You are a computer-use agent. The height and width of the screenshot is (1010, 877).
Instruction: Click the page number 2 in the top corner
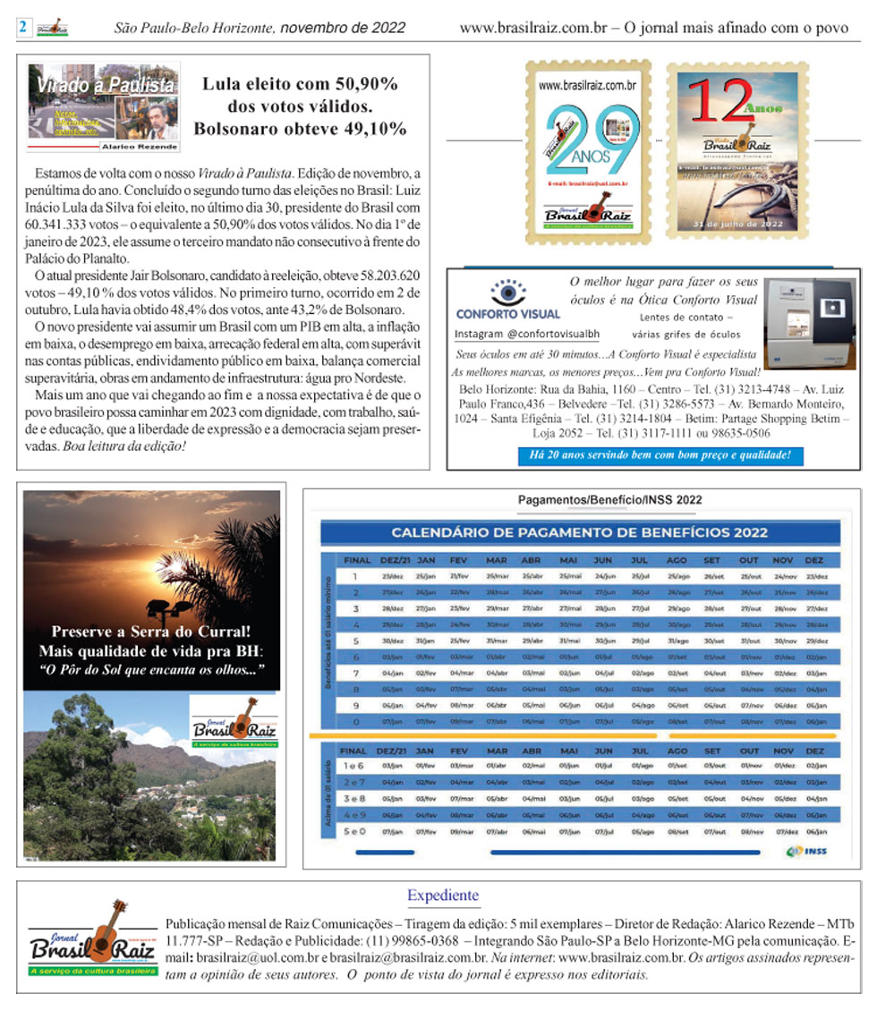21,28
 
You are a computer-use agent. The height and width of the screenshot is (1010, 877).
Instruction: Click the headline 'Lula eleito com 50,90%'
300,86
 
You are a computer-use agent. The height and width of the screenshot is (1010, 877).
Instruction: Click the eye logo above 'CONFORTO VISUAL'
507,293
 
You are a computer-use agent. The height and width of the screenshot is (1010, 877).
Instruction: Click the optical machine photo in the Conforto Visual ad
811,323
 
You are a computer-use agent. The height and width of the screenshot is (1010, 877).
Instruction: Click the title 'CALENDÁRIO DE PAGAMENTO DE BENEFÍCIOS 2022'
579,533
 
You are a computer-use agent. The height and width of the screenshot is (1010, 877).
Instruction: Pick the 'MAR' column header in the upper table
496,560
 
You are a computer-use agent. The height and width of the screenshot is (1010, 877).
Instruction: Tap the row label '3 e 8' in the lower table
353,797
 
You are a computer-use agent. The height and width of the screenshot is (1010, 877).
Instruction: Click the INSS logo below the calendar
806,851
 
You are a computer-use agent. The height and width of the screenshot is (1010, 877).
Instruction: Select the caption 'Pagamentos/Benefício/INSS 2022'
610,500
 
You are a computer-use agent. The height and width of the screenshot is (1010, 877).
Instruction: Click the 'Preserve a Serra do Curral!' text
151,632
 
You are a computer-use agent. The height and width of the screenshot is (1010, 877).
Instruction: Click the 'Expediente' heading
443,895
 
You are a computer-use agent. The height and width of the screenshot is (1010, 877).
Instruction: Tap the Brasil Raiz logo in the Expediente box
88,940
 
